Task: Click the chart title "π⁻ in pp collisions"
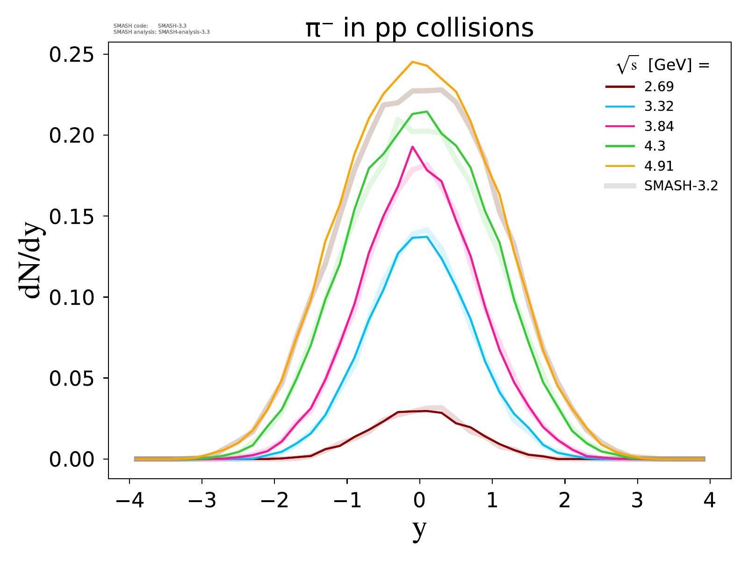click(x=419, y=29)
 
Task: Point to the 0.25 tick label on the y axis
click(x=72, y=55)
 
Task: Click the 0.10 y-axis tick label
click(x=72, y=297)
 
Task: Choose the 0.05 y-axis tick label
click(x=72, y=378)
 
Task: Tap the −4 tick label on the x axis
click(x=129, y=501)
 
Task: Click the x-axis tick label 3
click(x=637, y=501)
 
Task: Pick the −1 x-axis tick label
click(x=347, y=501)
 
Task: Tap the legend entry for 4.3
click(x=654, y=146)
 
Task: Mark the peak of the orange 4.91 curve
click(x=412, y=62)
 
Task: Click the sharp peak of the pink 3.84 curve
click(x=412, y=147)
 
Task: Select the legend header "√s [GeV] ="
click(x=663, y=66)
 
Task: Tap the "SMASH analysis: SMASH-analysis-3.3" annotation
click(x=162, y=32)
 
